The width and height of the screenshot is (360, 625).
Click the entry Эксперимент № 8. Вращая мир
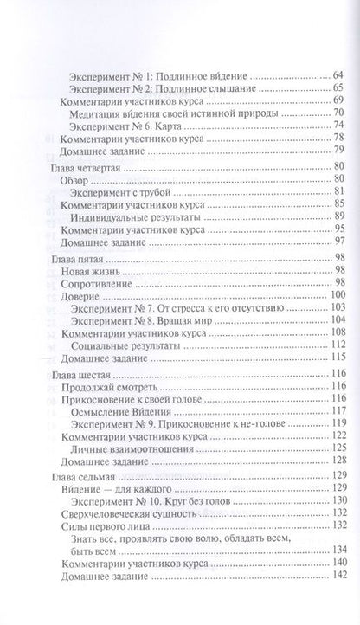124,320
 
